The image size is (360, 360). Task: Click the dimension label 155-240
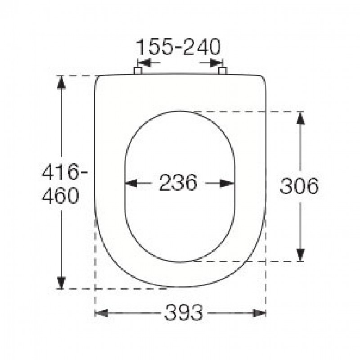179,47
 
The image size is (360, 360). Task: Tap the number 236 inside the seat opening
178,183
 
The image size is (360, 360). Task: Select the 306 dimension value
299,186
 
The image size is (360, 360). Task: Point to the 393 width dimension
184,312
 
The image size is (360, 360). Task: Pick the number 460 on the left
60,196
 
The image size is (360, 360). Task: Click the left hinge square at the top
138,71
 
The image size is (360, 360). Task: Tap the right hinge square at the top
222,71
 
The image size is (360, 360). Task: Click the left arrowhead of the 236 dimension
131,183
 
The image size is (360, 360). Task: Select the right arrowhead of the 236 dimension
228,183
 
